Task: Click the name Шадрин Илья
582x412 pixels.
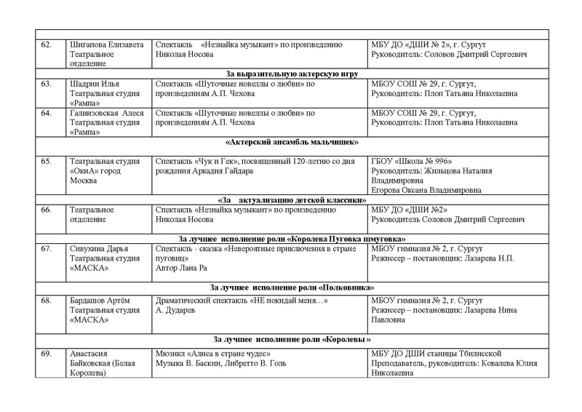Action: tap(90, 84)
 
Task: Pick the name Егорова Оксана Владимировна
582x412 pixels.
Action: tap(426, 190)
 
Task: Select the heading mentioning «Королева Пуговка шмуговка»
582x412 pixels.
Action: tap(290, 239)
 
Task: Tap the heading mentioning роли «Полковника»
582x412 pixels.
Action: tap(290, 288)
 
